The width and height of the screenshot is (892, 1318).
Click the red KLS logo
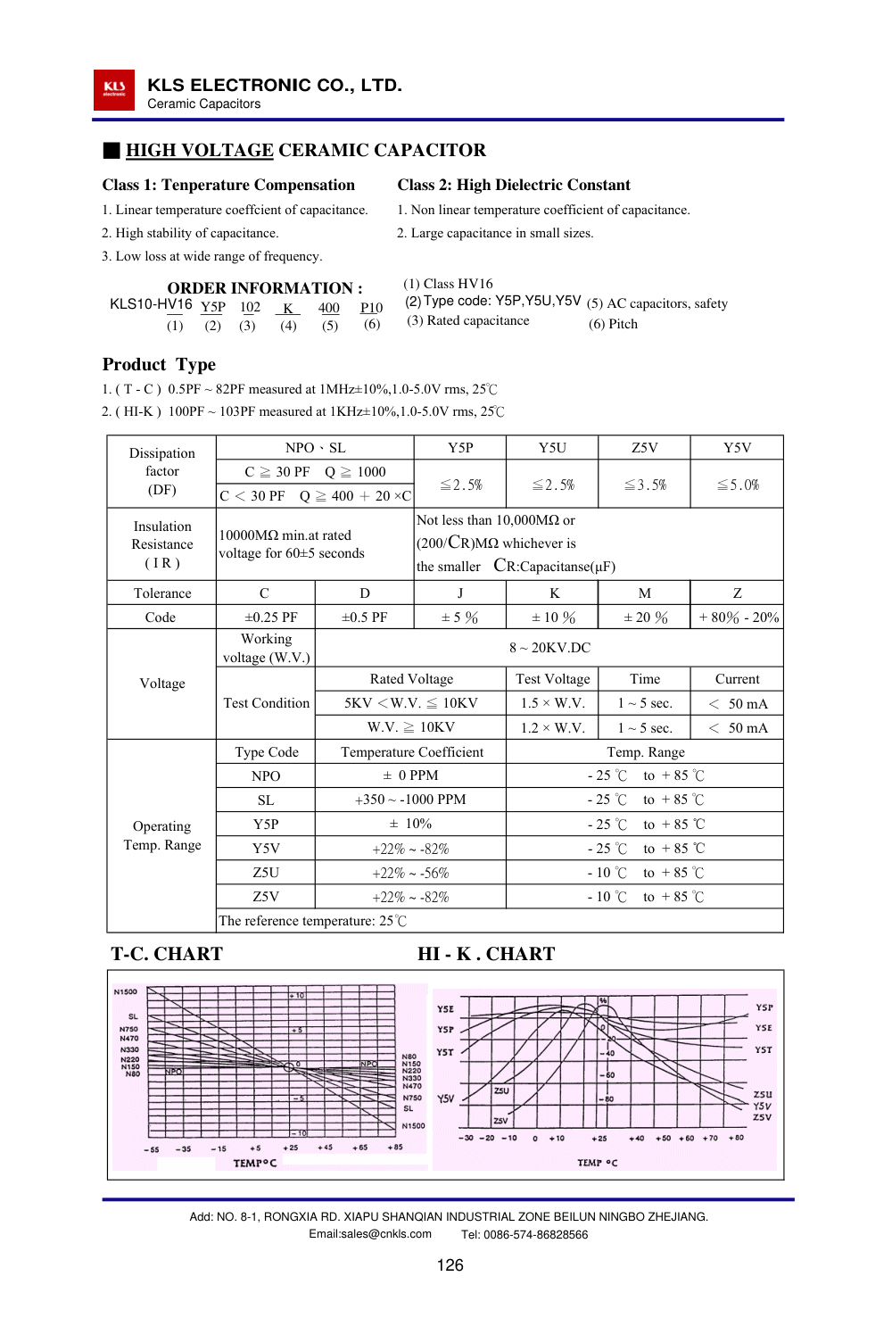pos(114,90)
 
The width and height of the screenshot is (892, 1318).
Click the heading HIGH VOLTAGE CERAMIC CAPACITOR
pos(305,150)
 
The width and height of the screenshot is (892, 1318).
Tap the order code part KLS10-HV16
pos(151,304)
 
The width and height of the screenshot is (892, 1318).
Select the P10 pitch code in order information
pos(371,308)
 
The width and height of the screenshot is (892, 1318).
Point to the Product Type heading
pos(159,364)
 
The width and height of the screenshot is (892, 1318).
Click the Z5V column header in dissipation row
pos(644,448)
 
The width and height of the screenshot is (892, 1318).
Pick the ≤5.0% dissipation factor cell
pos(738,485)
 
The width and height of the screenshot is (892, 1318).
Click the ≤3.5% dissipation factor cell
pos(644,485)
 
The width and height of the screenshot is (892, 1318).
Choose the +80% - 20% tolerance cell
pos(739,618)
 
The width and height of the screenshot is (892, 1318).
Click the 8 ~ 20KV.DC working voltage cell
pos(549,648)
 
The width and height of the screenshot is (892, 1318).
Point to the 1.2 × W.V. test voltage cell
pos(552,728)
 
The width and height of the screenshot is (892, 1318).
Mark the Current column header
pos(737,679)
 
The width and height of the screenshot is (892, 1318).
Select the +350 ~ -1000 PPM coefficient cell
pos(410,800)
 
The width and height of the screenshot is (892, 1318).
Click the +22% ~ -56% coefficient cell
pos(410,873)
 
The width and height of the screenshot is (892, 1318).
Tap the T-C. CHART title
pos(167,954)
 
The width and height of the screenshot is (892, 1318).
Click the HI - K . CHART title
pos(486,954)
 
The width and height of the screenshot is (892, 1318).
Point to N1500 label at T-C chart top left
pos(126,991)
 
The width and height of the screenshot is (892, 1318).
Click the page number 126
pos(450,1265)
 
